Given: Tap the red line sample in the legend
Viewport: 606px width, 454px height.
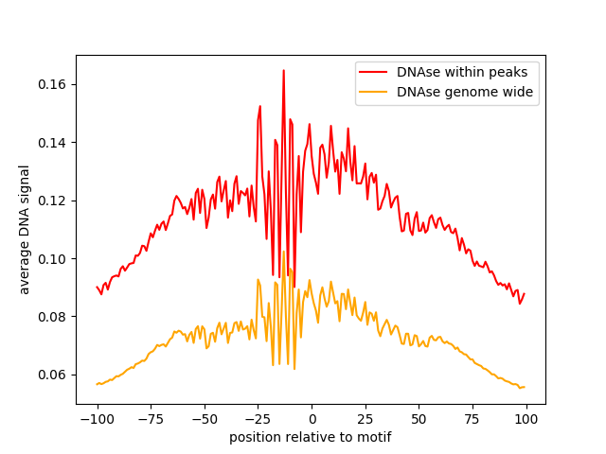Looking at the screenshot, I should [373, 71].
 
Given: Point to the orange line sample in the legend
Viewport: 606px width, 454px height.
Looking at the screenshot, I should [373, 92].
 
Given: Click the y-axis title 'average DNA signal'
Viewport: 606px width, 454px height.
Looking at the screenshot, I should [25, 230].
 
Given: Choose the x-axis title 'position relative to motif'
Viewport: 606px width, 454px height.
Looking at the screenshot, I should [310, 438].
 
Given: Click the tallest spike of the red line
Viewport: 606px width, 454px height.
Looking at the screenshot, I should [283, 70].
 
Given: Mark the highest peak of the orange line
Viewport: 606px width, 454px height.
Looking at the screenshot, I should [283, 252].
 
